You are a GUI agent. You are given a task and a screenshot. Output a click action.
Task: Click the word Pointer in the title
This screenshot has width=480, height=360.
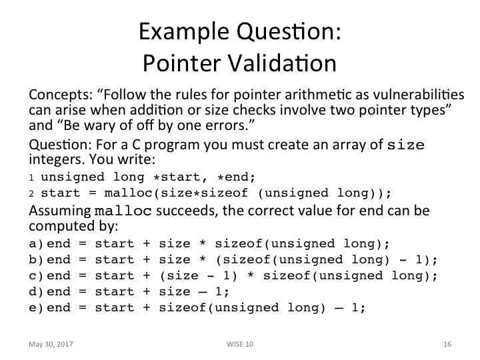(x=174, y=63)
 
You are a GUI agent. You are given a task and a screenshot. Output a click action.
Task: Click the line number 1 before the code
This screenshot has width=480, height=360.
(x=31, y=177)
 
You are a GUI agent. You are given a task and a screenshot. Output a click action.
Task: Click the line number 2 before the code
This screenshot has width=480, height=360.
(x=31, y=193)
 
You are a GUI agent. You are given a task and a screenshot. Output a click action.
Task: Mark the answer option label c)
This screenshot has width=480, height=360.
(x=37, y=275)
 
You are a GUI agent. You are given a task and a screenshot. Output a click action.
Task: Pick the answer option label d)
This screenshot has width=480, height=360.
(x=37, y=291)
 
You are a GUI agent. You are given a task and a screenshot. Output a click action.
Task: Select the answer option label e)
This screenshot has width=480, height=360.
(x=37, y=307)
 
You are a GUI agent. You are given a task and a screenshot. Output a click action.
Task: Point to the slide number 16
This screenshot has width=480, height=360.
(x=447, y=344)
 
